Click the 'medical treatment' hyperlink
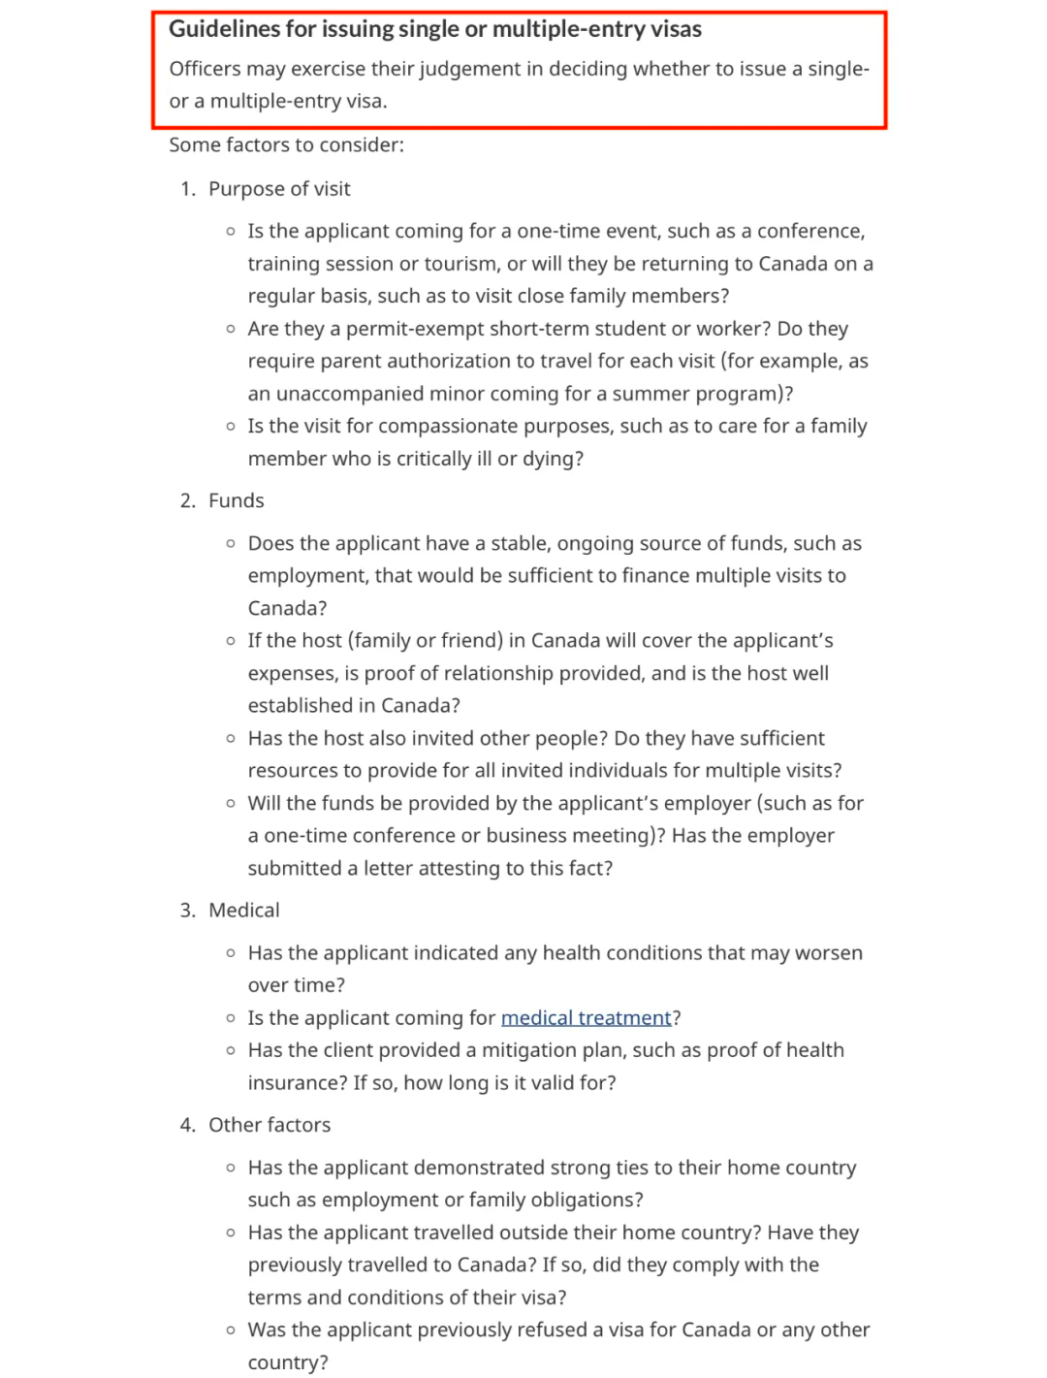(586, 1017)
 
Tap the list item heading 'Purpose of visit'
(279, 189)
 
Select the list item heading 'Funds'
(237, 500)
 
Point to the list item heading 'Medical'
(244, 910)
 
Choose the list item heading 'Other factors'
(270, 1125)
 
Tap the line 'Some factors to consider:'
(286, 144)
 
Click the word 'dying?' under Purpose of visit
(553, 459)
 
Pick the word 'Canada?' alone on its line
(287, 608)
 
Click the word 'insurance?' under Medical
(297, 1082)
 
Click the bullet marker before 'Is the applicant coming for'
(231, 1018)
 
